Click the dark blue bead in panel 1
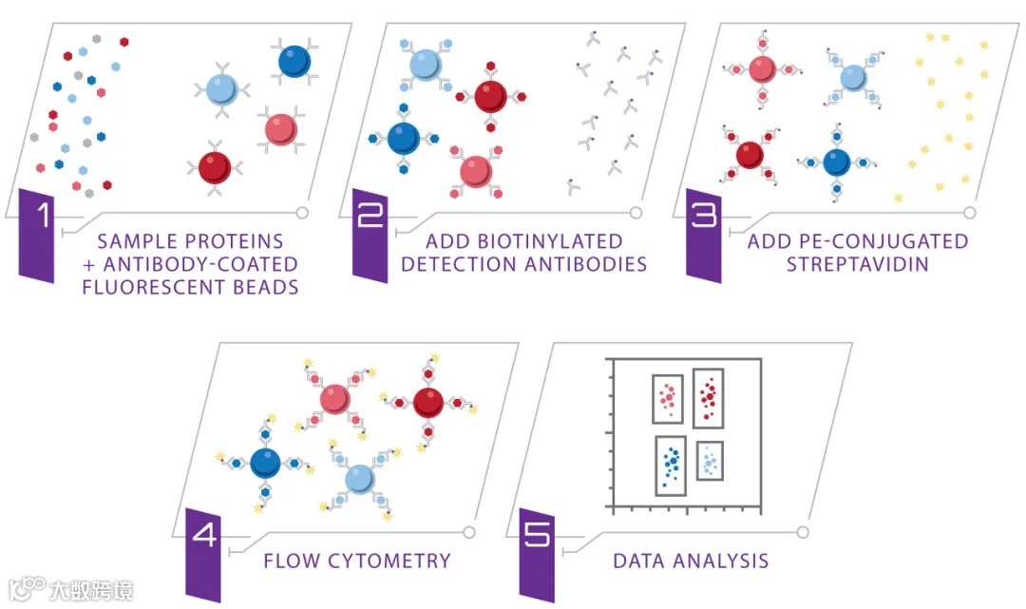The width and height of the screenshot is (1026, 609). [294, 62]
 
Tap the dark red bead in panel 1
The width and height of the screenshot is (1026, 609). [215, 167]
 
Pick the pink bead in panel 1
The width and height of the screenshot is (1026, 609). [281, 128]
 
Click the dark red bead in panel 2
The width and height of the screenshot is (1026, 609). [490, 96]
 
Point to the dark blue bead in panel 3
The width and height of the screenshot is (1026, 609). [836, 162]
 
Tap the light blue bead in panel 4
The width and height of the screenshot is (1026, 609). [357, 476]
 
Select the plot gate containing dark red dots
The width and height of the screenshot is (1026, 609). [708, 396]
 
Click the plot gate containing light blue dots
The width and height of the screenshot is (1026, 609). [710, 461]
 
